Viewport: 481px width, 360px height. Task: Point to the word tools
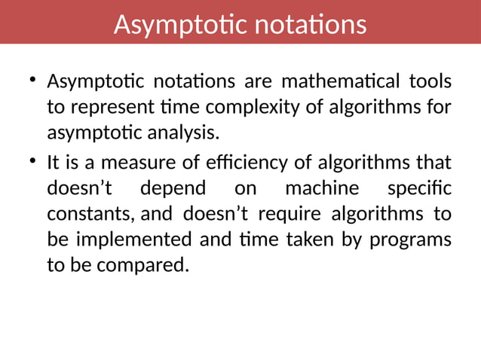[x=430, y=81]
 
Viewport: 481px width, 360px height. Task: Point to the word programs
[x=413, y=239]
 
